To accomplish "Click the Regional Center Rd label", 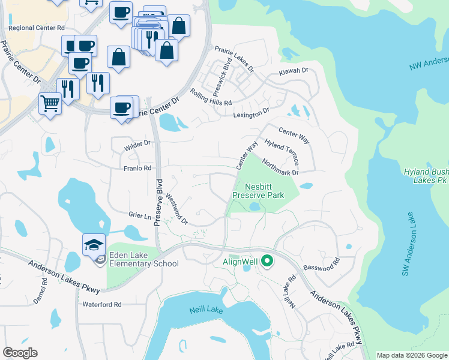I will click(36, 28).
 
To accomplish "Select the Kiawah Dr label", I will click(293, 71).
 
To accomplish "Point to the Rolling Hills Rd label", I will click(210, 98).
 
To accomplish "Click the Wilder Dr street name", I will click(137, 144).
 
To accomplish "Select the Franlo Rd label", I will click(137, 169).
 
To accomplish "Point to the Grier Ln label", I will click(139, 215).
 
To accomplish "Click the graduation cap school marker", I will click(94, 245).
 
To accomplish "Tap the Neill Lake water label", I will click(206, 310).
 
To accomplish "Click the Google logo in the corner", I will click(20, 353).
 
